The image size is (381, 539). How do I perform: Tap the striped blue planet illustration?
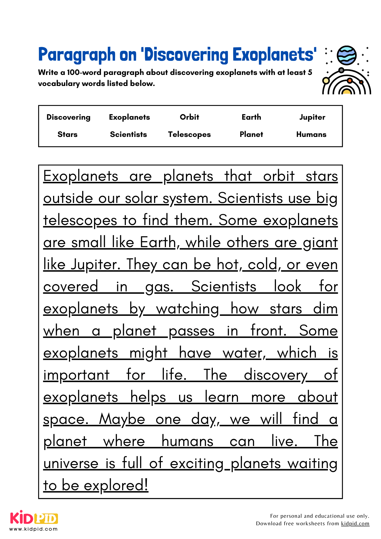click(x=347, y=56)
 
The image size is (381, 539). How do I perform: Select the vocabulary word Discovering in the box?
click(x=68, y=117)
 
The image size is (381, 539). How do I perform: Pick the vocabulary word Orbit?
click(x=189, y=117)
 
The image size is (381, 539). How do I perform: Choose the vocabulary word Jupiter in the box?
click(x=312, y=117)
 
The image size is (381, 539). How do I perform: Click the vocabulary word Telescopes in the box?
click(x=189, y=134)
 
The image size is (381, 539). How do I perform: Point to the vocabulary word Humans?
click(x=311, y=134)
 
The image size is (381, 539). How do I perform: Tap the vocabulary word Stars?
click(x=67, y=134)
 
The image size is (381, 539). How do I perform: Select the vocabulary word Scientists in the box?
click(x=129, y=134)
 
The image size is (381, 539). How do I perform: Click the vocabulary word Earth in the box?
click(x=251, y=117)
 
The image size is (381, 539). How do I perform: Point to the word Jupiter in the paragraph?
click(x=95, y=265)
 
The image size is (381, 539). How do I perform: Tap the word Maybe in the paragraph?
click(x=122, y=419)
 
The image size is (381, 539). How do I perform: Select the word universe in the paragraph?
click(x=71, y=464)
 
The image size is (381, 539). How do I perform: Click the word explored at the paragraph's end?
click(x=116, y=486)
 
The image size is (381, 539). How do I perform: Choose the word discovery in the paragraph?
click(x=275, y=375)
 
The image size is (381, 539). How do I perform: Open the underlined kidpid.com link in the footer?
click(x=355, y=523)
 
